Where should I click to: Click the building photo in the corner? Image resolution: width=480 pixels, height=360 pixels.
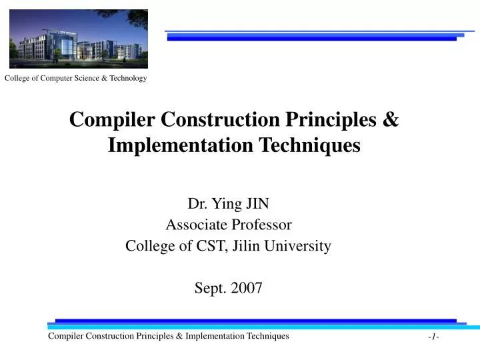pos(79,39)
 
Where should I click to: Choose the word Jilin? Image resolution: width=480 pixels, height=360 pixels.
pos(245,245)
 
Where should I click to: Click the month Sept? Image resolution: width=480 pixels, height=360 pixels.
pos(207,288)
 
